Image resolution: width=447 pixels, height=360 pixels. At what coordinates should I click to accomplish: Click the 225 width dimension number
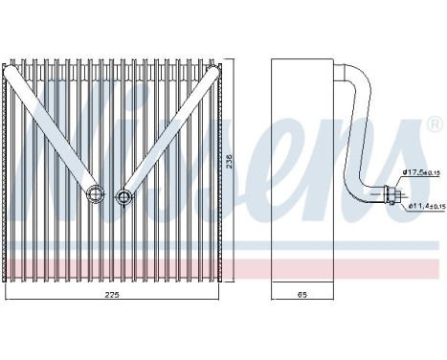[x=113, y=297]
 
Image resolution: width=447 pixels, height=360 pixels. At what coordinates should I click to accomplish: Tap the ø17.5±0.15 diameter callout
[x=417, y=172]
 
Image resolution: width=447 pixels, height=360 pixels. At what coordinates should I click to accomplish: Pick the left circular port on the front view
[x=96, y=195]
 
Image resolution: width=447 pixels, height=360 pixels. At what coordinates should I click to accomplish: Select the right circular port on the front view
[x=123, y=197]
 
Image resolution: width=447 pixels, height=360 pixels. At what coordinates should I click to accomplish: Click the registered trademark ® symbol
[x=433, y=125]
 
